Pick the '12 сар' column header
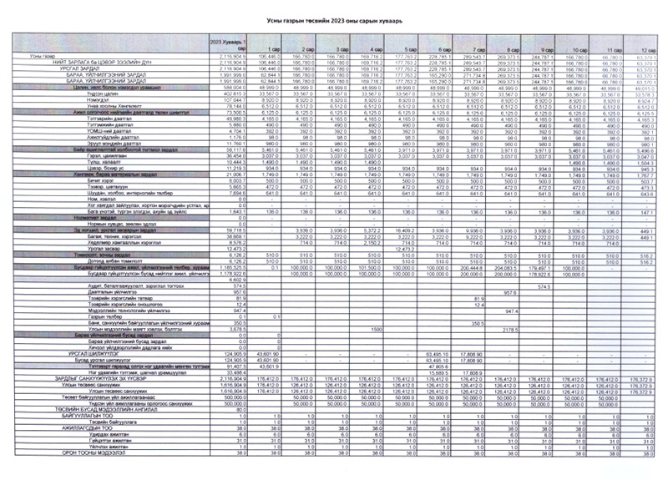pos(647,49)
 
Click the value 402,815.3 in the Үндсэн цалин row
pos(230,93)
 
